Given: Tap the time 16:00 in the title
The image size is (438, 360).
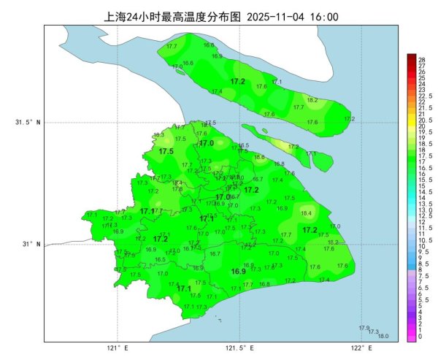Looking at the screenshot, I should pyautogui.click(x=324, y=16).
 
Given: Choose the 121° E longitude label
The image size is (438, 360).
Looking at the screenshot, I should pyautogui.click(x=117, y=348).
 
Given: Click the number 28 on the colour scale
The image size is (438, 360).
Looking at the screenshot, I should pyautogui.click(x=421, y=59).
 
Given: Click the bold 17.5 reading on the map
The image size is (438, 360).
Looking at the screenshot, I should pyautogui.click(x=166, y=151).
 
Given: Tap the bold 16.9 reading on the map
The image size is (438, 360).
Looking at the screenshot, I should pyautogui.click(x=238, y=272).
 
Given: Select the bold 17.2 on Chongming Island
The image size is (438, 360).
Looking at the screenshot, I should pyautogui.click(x=238, y=81).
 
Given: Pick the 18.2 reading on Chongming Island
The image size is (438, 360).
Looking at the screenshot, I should pyautogui.click(x=312, y=100).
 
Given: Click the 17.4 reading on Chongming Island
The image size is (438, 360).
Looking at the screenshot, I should pyautogui.click(x=217, y=91).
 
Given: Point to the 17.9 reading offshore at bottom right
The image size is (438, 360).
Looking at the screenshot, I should pyautogui.click(x=364, y=328).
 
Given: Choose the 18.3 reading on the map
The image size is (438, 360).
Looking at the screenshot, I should pyautogui.click(x=158, y=135).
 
